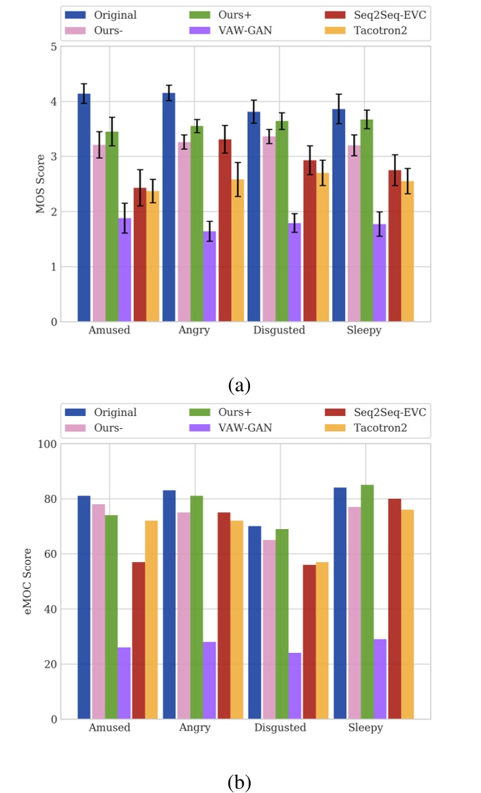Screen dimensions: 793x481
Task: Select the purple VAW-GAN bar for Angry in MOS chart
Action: pyautogui.click(x=210, y=276)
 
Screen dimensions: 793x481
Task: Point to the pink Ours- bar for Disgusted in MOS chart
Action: pyautogui.click(x=268, y=229)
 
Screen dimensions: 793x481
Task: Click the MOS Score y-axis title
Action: pyautogui.click(x=40, y=184)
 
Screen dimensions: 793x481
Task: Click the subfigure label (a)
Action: pyautogui.click(x=240, y=385)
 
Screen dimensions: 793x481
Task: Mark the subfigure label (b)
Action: pyautogui.click(x=240, y=782)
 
